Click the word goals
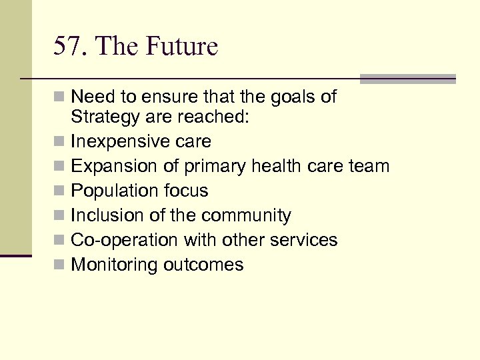click(x=286, y=97)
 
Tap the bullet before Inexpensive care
click(x=60, y=142)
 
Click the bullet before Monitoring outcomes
click(x=60, y=265)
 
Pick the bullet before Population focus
click(x=60, y=191)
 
